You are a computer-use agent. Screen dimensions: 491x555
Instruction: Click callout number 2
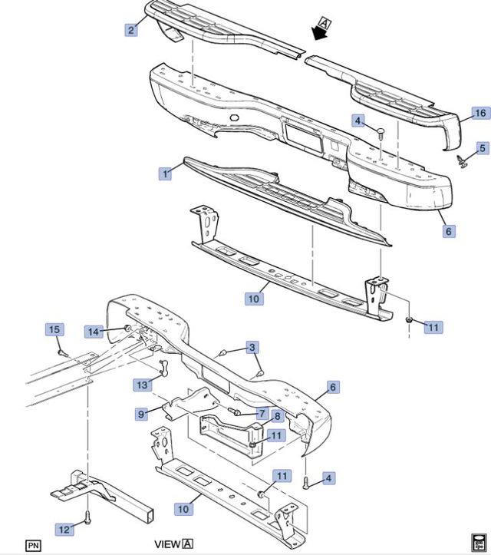point(131,30)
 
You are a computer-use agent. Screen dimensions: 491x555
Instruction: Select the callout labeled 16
point(481,113)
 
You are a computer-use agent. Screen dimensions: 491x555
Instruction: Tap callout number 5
point(483,148)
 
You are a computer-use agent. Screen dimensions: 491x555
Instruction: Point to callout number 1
point(165,173)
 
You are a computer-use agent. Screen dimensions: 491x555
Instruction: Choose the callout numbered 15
point(54,329)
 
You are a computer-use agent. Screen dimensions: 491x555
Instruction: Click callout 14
point(94,332)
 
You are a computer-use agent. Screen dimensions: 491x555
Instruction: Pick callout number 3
point(252,347)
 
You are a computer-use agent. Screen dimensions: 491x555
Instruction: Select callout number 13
point(142,385)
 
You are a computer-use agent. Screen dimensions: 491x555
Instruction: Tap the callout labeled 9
point(141,414)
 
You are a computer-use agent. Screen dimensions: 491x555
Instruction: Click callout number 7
point(262,414)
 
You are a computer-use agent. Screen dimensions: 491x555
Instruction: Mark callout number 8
point(277,416)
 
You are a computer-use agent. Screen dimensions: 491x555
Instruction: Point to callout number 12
point(64,529)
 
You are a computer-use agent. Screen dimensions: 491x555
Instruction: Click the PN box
point(33,546)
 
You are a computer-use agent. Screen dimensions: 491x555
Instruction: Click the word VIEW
point(168,543)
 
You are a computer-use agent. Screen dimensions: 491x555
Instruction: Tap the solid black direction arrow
point(319,33)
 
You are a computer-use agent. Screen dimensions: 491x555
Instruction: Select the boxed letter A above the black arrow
point(325,23)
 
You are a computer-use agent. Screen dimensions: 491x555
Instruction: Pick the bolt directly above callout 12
point(87,517)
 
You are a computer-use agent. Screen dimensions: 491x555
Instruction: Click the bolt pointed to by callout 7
point(234,411)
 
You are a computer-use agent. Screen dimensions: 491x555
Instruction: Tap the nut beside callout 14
point(127,328)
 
